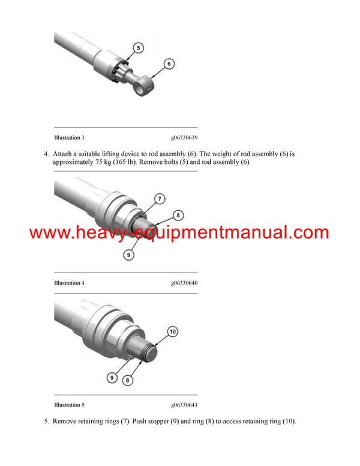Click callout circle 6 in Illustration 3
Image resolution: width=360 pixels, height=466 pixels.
click(169, 63)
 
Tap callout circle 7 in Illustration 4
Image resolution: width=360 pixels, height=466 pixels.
click(159, 198)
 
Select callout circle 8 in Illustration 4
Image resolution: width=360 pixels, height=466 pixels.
click(178, 216)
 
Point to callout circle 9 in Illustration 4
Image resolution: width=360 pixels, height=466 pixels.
click(128, 255)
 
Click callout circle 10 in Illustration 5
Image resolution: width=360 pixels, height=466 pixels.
click(172, 331)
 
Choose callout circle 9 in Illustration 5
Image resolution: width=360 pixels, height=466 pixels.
click(112, 378)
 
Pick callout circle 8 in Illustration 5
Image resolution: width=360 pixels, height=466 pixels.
click(128, 380)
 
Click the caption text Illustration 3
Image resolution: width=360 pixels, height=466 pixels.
click(69, 138)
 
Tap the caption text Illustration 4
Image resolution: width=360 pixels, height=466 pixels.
click(69, 283)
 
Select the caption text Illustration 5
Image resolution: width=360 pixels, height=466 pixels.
click(69, 405)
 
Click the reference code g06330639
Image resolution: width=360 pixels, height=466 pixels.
click(184, 138)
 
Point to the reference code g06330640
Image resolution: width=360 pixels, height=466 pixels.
click(184, 283)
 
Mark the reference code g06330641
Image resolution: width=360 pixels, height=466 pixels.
click(184, 405)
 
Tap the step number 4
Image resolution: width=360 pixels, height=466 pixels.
click(46, 154)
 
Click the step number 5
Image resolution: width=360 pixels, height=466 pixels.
click(46, 421)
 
